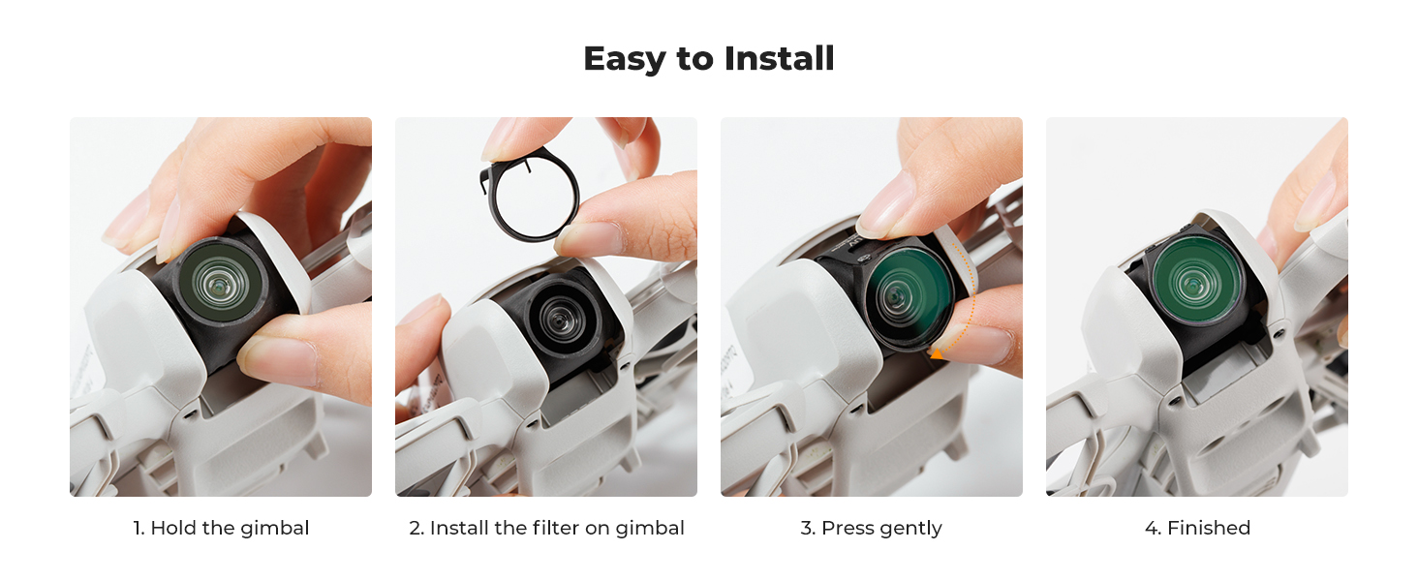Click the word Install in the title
[780, 58]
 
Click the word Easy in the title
[624, 59]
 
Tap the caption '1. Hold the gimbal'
[221, 527]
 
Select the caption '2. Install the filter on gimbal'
[546, 528]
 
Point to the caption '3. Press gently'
[871, 528]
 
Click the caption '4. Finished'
[1198, 527]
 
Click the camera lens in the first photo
[219, 281]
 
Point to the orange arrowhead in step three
[937, 352]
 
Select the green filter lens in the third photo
[908, 296]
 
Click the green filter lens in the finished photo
[1193, 280]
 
